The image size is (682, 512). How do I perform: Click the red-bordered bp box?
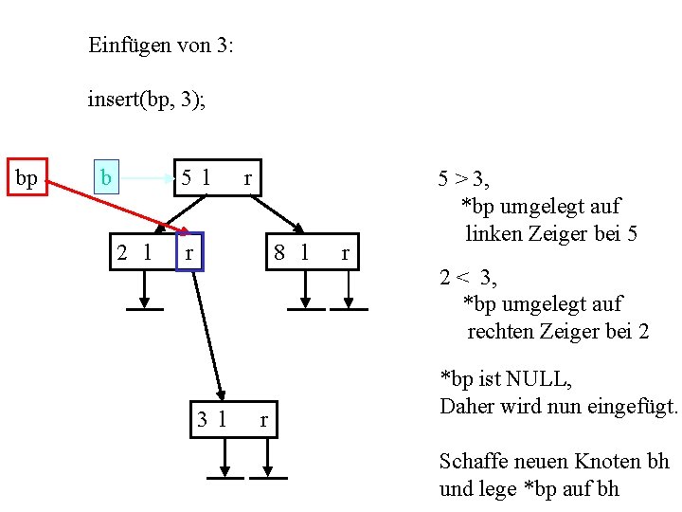click(x=27, y=177)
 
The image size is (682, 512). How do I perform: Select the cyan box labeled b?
click(x=107, y=177)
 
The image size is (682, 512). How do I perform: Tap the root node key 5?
click(x=188, y=177)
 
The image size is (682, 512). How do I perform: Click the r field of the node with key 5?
click(x=247, y=177)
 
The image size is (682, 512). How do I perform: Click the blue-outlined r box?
click(x=189, y=252)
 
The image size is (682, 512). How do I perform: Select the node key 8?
click(x=279, y=252)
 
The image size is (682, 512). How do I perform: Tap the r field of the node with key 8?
click(x=345, y=252)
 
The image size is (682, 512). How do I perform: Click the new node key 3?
click(x=203, y=419)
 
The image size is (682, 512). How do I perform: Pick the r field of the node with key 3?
click(x=264, y=419)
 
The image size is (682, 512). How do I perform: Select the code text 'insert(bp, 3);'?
click(x=146, y=99)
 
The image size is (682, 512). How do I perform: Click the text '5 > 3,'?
click(x=470, y=178)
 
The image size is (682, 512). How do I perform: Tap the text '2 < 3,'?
click(x=468, y=278)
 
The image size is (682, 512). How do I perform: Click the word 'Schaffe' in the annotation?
click(x=470, y=462)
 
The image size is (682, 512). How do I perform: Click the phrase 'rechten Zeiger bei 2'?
click(x=558, y=332)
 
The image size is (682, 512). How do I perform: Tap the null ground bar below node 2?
click(x=144, y=307)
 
